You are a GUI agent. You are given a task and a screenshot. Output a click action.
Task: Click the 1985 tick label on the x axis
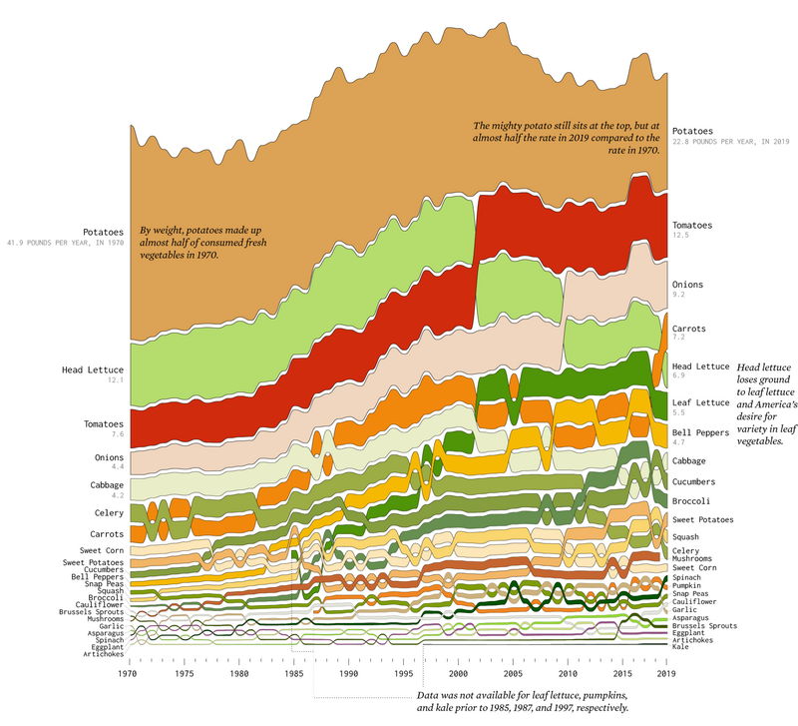[293, 674]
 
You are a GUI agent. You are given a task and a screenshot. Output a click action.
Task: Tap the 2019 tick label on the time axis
[666, 674]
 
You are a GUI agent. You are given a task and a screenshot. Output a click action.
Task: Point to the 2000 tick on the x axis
[457, 674]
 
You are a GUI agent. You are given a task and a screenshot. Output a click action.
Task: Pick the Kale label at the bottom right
[682, 648]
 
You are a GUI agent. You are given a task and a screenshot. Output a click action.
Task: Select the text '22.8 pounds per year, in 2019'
[730, 142]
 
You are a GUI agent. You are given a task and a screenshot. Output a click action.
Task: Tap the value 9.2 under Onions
[678, 295]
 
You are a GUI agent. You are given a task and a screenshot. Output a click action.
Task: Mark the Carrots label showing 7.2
[689, 329]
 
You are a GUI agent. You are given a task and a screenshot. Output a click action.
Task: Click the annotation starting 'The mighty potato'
[567, 137]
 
